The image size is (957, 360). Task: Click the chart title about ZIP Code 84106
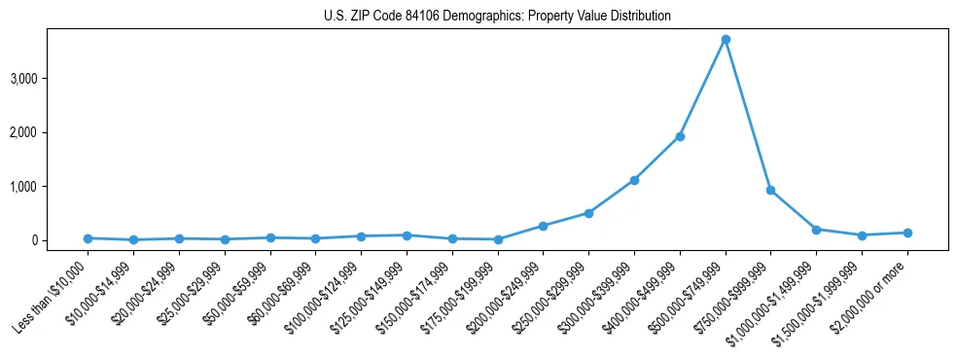pyautogui.click(x=497, y=17)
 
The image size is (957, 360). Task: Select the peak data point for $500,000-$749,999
pyautogui.click(x=726, y=39)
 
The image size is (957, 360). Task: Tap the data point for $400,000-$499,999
pyautogui.click(x=680, y=136)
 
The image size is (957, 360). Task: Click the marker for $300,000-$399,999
pyautogui.click(x=634, y=180)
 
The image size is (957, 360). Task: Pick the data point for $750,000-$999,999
pyautogui.click(x=770, y=191)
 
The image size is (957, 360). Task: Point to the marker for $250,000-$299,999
pyautogui.click(x=588, y=213)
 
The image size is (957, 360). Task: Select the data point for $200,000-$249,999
pyautogui.click(x=543, y=226)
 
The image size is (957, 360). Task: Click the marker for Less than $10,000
pyautogui.click(x=88, y=238)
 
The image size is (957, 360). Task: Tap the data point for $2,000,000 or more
pyautogui.click(x=907, y=233)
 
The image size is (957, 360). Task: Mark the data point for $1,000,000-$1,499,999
pyautogui.click(x=816, y=230)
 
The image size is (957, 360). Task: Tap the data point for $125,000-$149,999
pyautogui.click(x=407, y=235)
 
